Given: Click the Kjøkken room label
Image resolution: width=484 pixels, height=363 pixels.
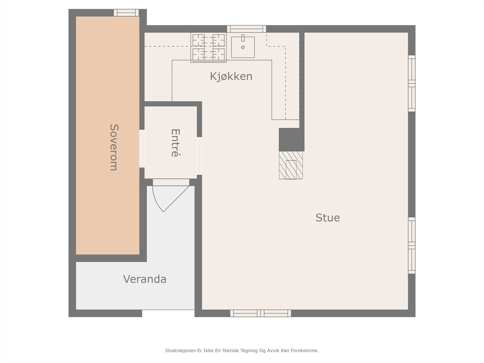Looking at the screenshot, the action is [231, 77].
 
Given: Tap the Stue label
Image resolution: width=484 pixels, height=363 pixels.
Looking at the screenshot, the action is [328, 218].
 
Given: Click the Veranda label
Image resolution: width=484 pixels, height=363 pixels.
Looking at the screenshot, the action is [145, 279].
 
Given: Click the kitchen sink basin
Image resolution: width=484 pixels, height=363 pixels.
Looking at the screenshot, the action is [243, 47].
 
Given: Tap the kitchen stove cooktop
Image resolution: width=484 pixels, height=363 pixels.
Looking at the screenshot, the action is [209, 47].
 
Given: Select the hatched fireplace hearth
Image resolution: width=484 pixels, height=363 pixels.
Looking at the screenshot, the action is [291, 165].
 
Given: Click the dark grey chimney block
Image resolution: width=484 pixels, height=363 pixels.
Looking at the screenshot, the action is [292, 139].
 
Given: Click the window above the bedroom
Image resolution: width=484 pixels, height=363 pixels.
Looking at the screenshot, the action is [126, 13].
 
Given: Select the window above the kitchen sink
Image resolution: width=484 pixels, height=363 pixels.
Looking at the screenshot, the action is [247, 29].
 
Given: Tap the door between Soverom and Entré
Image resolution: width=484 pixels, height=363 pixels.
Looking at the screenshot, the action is [142, 149].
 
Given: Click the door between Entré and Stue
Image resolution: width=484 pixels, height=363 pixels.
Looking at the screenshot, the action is [199, 156].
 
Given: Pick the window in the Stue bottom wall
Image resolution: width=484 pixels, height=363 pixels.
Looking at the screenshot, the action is [261, 313].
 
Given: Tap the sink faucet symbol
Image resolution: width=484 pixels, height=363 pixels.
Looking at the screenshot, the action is [243, 38].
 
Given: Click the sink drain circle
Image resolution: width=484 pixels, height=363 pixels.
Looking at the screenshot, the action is [243, 47].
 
